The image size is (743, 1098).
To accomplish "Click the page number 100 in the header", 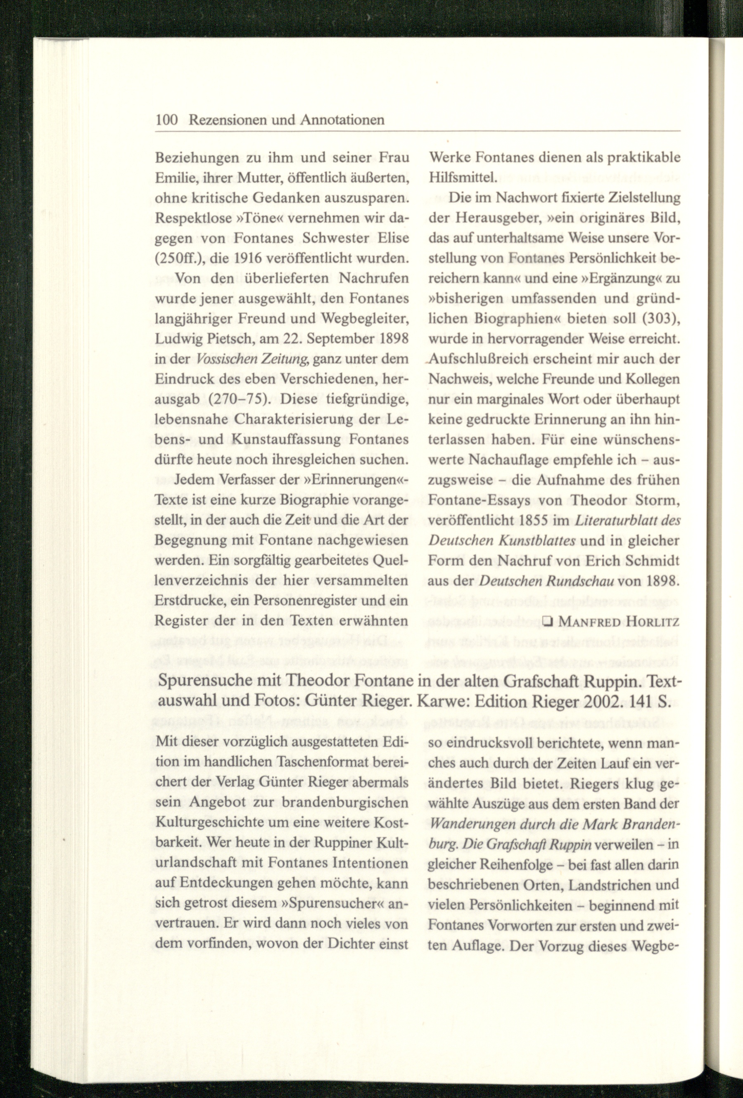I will click(166, 120).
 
